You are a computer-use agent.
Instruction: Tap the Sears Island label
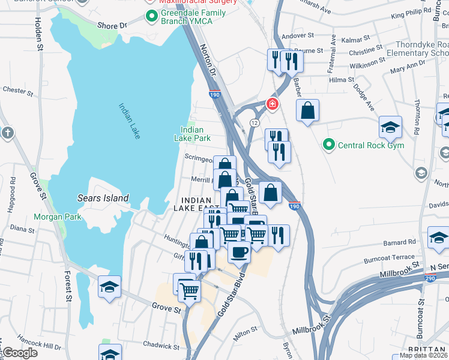(103, 198)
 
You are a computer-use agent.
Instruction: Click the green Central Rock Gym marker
(328, 145)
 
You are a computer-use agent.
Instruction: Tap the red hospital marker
(273, 104)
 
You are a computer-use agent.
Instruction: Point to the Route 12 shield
(255, 122)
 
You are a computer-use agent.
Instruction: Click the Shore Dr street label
(112, 26)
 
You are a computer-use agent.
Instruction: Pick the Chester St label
(17, 91)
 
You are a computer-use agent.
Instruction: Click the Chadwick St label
(158, 344)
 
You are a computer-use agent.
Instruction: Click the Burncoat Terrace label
(388, 259)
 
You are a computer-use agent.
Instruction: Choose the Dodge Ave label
(363, 97)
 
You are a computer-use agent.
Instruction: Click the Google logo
(20, 353)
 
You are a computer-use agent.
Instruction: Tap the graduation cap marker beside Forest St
(110, 287)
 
